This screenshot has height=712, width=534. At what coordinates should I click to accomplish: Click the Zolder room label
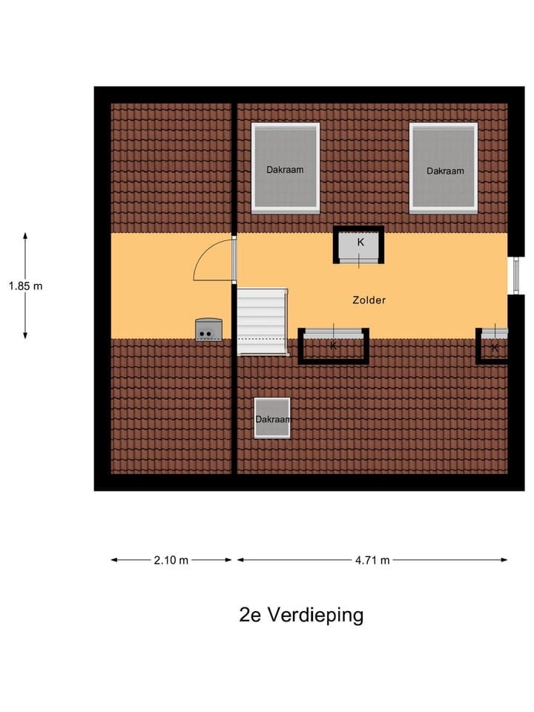coord(369,300)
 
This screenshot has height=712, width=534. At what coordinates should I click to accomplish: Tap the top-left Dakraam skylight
coord(286,168)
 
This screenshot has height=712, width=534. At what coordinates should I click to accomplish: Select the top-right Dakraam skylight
coord(444,168)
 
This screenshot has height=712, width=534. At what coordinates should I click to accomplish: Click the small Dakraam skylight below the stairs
coord(272,418)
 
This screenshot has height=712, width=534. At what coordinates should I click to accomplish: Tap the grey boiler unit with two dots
coord(208,330)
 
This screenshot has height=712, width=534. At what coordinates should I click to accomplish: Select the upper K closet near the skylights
coord(359,245)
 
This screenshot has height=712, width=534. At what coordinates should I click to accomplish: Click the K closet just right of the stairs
coord(333,346)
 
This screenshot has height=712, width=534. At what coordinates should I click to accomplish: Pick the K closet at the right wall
coord(493,346)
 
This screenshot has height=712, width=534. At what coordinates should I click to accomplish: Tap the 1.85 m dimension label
coord(26,286)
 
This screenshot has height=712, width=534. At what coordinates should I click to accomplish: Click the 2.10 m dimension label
coord(171,560)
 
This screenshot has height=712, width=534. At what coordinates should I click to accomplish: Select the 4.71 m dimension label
coord(372,560)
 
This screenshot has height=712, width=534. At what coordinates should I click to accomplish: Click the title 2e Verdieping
coord(302,615)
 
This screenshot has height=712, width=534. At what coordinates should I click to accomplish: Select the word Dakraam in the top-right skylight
coord(445,171)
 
